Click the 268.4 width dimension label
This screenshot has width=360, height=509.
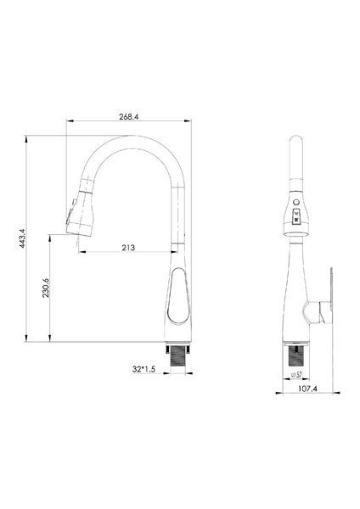(x=129, y=117)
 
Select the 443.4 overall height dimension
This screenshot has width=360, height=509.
(x=22, y=238)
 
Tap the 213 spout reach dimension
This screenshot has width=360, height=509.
(x=128, y=248)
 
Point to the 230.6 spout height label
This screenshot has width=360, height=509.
(x=46, y=288)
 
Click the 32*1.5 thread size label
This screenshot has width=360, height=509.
(x=144, y=369)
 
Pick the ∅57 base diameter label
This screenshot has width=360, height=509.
(x=296, y=375)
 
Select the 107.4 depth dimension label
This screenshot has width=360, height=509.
(x=307, y=389)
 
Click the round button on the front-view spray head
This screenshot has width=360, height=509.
(x=295, y=202)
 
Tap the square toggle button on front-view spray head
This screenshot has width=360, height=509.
(x=296, y=216)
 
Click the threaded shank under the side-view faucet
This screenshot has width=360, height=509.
(x=178, y=358)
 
